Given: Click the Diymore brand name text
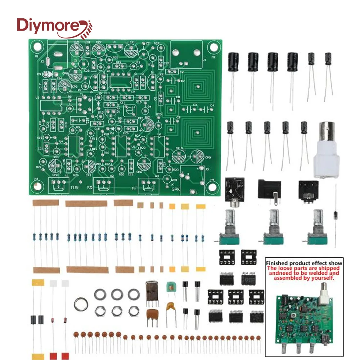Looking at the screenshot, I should pyautogui.click(x=50, y=26).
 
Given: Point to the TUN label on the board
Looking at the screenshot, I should pyautogui.click(x=75, y=188).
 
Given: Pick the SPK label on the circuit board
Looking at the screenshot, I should pyautogui.click(x=176, y=189).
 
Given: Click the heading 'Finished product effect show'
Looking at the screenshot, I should pyautogui.click(x=304, y=263).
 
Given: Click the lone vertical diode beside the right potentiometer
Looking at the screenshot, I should pyautogui.click(x=335, y=216).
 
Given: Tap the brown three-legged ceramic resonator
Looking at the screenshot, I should pyautogui.click(x=152, y=315).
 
